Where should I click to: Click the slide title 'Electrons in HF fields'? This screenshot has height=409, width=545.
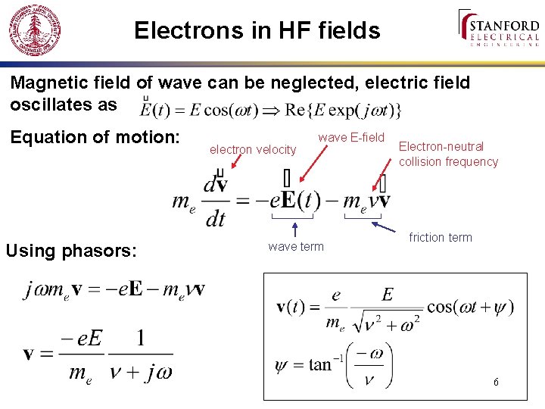pos(257,30)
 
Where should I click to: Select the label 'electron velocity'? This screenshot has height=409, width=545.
pos(253,150)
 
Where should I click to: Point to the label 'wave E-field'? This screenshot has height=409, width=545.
pos(351,138)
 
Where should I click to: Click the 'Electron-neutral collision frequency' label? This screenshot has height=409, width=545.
pos(448,154)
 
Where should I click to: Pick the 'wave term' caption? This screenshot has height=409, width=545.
pos(295,247)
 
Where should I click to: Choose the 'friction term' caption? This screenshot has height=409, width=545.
pos(440,238)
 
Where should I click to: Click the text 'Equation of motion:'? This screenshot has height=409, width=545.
pos(95,137)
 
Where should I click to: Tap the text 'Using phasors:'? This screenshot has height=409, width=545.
pos(71,250)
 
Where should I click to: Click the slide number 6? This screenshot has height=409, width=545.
pos(495,382)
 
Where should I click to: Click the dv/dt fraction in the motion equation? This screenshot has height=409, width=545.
pos(215,201)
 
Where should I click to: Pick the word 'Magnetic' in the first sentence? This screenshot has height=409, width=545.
pos(48,83)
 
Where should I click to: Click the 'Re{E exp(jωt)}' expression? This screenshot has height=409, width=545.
pos(343,109)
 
